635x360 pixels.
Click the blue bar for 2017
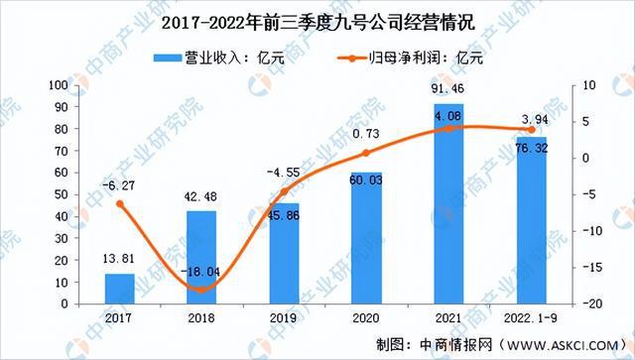tap(120, 289)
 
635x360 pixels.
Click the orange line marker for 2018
tap(201, 289)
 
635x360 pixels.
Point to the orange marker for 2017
tap(120, 203)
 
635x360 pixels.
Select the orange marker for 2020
tap(366, 153)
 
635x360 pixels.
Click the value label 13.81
tap(119, 259)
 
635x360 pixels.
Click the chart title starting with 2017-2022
tap(317, 22)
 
